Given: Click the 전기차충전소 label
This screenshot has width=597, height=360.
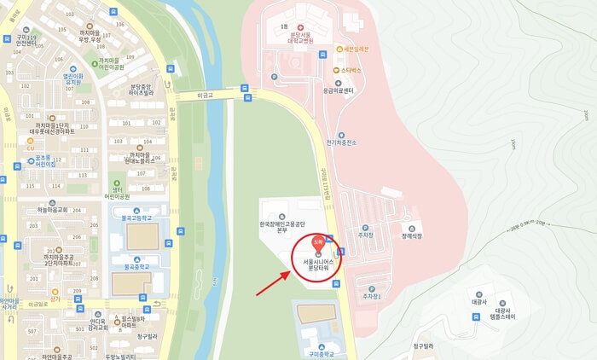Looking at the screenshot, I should tap(340, 143).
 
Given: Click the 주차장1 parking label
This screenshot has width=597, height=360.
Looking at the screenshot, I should tap(369, 296).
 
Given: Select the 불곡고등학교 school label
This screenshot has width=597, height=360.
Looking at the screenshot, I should tap(137, 217).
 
